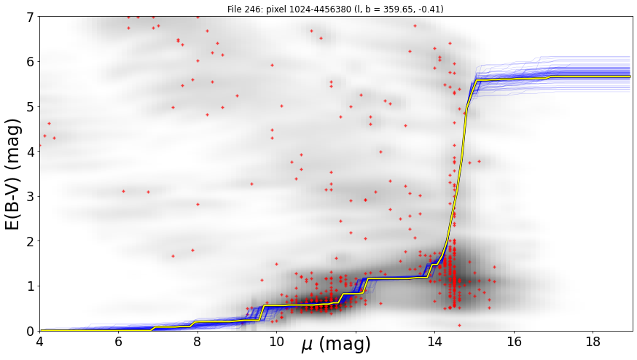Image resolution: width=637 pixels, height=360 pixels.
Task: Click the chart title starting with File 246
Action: point(335,9)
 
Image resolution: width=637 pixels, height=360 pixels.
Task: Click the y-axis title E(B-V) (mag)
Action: point(13,174)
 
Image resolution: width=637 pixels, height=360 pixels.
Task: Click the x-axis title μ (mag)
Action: point(336,345)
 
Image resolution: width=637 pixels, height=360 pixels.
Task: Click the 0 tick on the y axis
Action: point(31,331)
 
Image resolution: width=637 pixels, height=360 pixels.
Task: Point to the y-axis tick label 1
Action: point(31,286)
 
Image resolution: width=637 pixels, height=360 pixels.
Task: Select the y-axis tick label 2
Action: point(31,241)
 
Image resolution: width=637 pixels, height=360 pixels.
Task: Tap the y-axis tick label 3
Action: point(31,196)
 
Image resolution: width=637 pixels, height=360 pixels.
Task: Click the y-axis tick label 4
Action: point(31,152)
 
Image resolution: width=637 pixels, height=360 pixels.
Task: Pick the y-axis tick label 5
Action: point(31,106)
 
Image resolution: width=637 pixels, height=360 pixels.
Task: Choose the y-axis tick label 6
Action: point(31,62)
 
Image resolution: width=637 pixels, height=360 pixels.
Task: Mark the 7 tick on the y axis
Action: point(31,17)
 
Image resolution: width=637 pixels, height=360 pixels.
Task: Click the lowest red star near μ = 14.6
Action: point(459,325)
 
